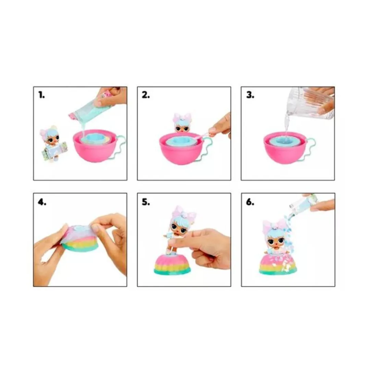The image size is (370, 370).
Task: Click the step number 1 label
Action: [x=41, y=95]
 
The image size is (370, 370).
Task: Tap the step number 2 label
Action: [x=146, y=95]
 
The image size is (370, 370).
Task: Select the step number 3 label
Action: [x=250, y=95]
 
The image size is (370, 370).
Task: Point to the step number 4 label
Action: [x=42, y=202]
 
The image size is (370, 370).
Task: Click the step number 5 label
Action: [x=146, y=202]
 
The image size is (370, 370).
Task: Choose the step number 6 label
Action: [x=250, y=202]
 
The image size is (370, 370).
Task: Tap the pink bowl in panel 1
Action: [x=95, y=146]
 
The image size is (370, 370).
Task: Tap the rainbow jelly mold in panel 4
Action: [x=80, y=238]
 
